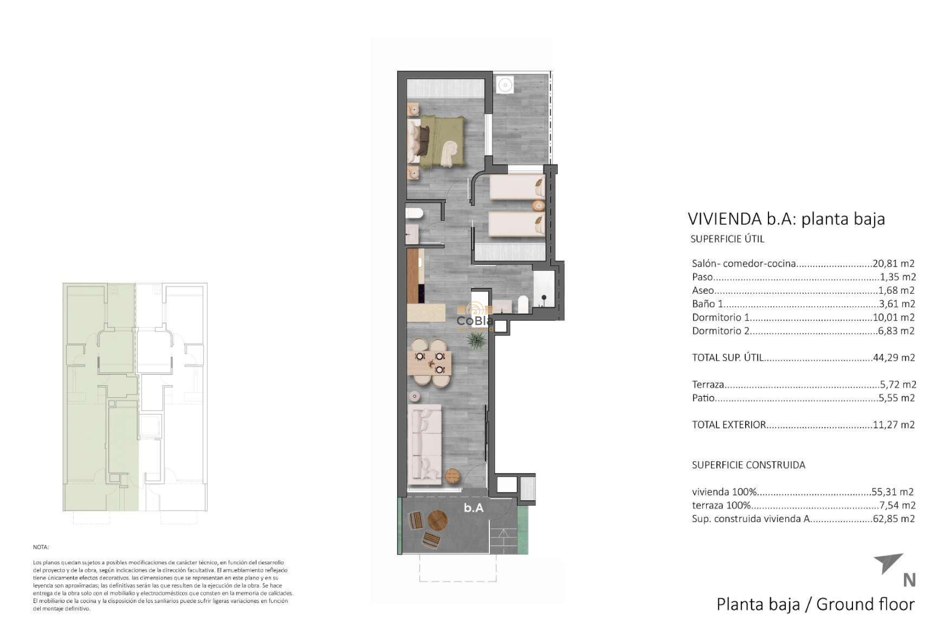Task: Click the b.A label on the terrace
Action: pos(474,508)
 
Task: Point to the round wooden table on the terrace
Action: pos(437,521)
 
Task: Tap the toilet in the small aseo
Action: pos(414,213)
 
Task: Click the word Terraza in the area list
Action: pos(708,384)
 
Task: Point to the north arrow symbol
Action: pos(889,563)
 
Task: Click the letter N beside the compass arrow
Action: pos(909,580)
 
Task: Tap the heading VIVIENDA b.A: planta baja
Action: pos(786,218)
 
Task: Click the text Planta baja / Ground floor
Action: pos(815,604)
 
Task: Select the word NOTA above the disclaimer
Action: pos(41,547)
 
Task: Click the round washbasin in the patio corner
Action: pos(504,85)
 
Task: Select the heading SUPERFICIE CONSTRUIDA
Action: pos(748,465)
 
